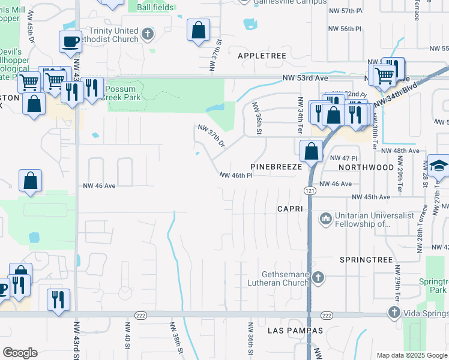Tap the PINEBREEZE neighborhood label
pos(275,167)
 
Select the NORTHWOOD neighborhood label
pos(366,167)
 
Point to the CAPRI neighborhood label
pos(292,208)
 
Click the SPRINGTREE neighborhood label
pos(366,260)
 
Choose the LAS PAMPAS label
pos(296,331)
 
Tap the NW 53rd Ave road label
pos(306,78)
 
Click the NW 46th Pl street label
pos(236,176)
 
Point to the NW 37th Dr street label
pos(212,136)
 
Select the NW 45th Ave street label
pos(371,197)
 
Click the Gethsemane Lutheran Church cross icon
pos(318,277)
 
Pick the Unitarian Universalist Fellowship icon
pos(326,218)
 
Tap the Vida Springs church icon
pos(394,313)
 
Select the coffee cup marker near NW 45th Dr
pos(70,41)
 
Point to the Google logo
pos(20,353)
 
